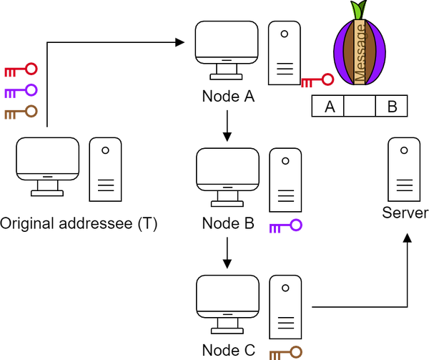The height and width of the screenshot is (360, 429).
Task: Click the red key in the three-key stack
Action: [20, 69]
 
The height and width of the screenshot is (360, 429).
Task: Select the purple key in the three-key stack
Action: [20, 91]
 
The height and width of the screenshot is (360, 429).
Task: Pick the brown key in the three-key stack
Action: [20, 112]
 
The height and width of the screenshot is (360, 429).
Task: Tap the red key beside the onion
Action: [317, 79]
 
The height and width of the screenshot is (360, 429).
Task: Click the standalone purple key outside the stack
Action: [285, 226]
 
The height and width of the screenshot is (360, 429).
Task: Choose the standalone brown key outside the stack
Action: [285, 352]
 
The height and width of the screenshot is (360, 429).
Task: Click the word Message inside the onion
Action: [360, 52]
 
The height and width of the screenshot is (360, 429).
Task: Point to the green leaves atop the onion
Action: [358, 10]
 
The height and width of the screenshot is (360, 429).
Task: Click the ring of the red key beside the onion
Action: [327, 78]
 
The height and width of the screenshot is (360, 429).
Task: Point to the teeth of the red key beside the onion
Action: [307, 84]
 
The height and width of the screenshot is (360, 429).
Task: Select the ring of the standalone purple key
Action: [296, 225]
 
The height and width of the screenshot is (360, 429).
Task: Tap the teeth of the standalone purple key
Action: [275, 230]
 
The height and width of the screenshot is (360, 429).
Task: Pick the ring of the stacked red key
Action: [31, 68]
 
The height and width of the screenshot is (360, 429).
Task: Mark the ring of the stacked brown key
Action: [31, 111]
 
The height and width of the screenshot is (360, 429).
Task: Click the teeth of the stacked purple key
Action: [9, 94]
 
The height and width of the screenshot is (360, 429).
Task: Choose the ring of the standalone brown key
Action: [296, 351]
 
